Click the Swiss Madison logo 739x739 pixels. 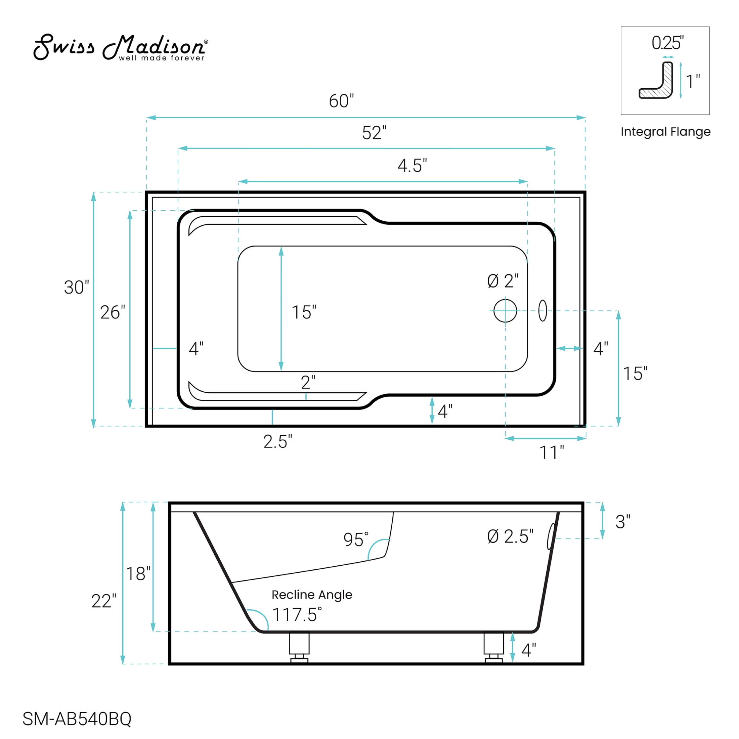121,47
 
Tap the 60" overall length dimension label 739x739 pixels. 342,101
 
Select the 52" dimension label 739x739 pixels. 375,133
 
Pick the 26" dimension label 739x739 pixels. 113,312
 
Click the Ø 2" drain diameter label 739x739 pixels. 503,281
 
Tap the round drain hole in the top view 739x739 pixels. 505,311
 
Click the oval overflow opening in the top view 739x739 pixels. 542,311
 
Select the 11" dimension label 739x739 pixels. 552,453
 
